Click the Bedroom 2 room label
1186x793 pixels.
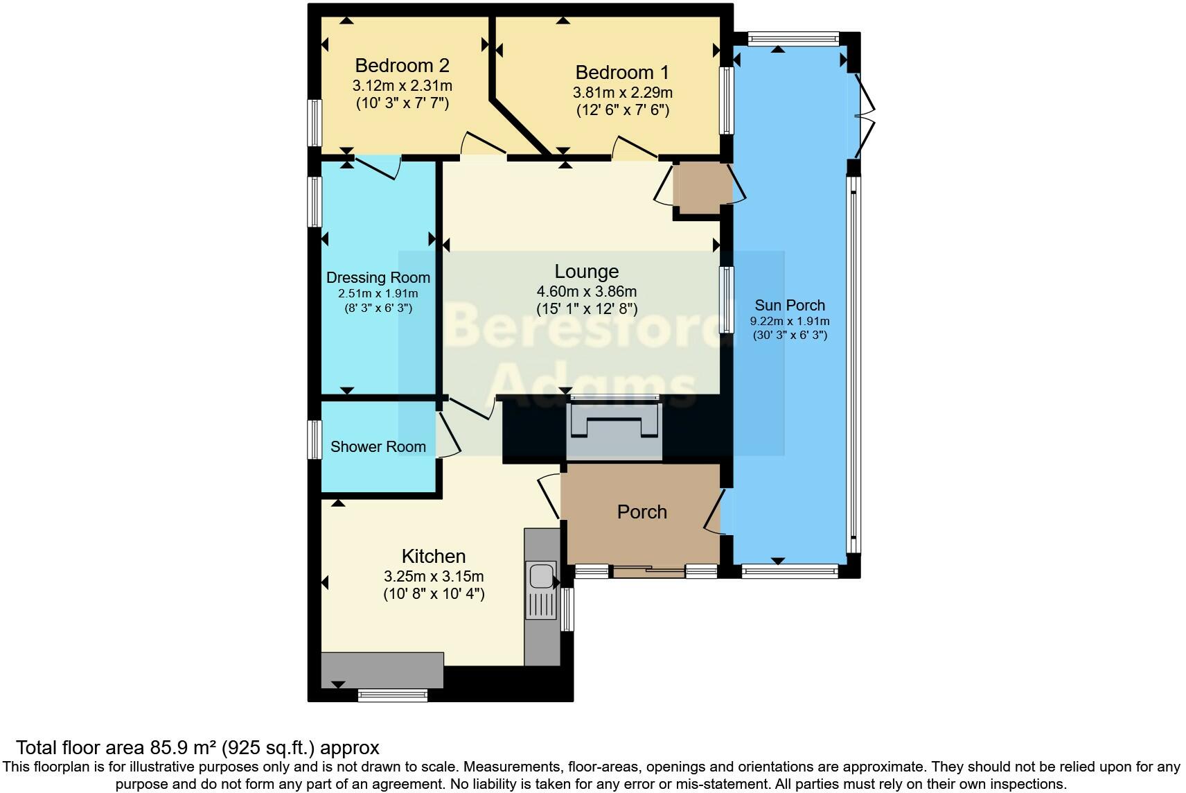click(x=402, y=66)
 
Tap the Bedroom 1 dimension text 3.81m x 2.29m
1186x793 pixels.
click(x=622, y=92)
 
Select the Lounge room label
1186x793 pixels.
click(x=586, y=272)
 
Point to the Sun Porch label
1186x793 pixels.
click(x=790, y=305)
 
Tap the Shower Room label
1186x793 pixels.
click(x=378, y=446)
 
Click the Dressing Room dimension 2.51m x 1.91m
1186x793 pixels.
click(x=378, y=293)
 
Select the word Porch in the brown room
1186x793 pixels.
click(x=641, y=512)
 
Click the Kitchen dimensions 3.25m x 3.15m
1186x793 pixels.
click(x=434, y=576)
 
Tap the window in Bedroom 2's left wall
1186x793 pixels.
click(x=315, y=122)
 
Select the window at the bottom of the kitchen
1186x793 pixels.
click(x=393, y=695)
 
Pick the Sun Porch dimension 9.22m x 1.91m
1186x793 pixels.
click(x=790, y=321)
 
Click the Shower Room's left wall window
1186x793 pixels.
click(x=315, y=440)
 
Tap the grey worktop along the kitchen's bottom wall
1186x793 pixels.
click(x=382, y=669)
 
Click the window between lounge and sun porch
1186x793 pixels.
click(x=726, y=299)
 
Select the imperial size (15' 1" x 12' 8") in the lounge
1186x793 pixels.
click(x=586, y=309)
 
